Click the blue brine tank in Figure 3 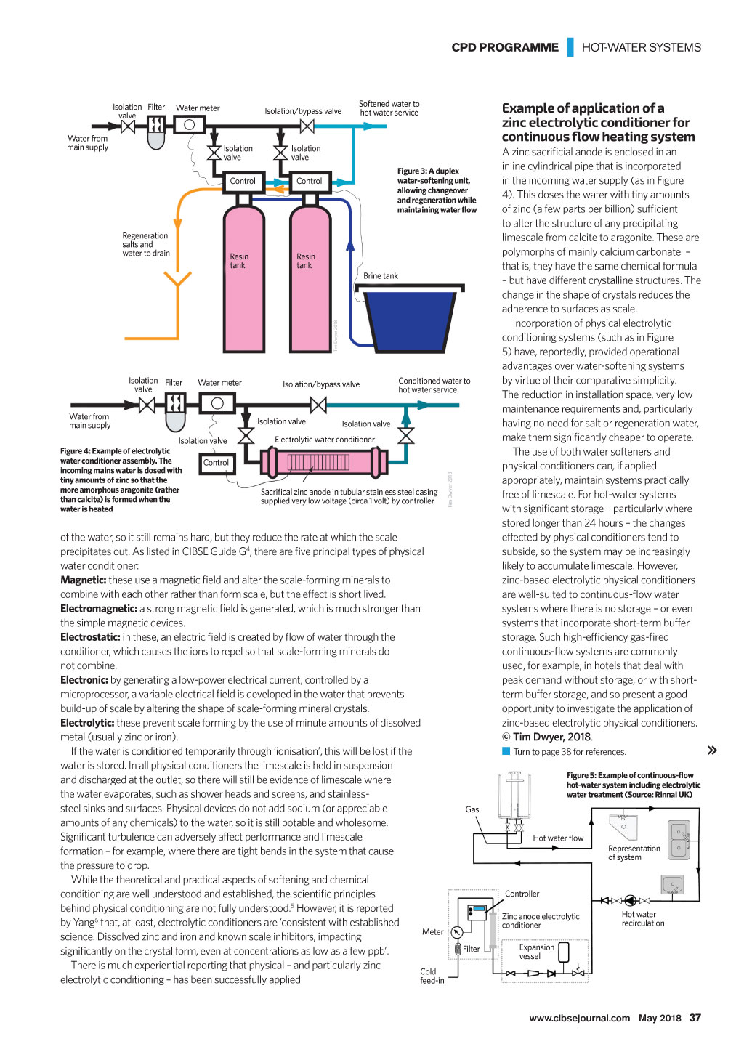(410, 320)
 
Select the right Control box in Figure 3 (309, 182)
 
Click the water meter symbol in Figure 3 (190, 125)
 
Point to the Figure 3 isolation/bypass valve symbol (307, 126)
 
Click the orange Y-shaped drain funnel (177, 280)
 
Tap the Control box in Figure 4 (216, 463)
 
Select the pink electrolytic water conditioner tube (325, 462)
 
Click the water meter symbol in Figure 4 (217, 403)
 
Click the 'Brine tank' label (381, 275)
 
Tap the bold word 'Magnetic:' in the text (83, 580)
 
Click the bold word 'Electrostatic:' (90, 637)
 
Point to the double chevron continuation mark (712, 750)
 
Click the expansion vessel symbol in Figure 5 (563, 952)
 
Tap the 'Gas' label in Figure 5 (472, 809)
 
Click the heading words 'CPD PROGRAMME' (505, 47)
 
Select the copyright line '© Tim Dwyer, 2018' (546, 737)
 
